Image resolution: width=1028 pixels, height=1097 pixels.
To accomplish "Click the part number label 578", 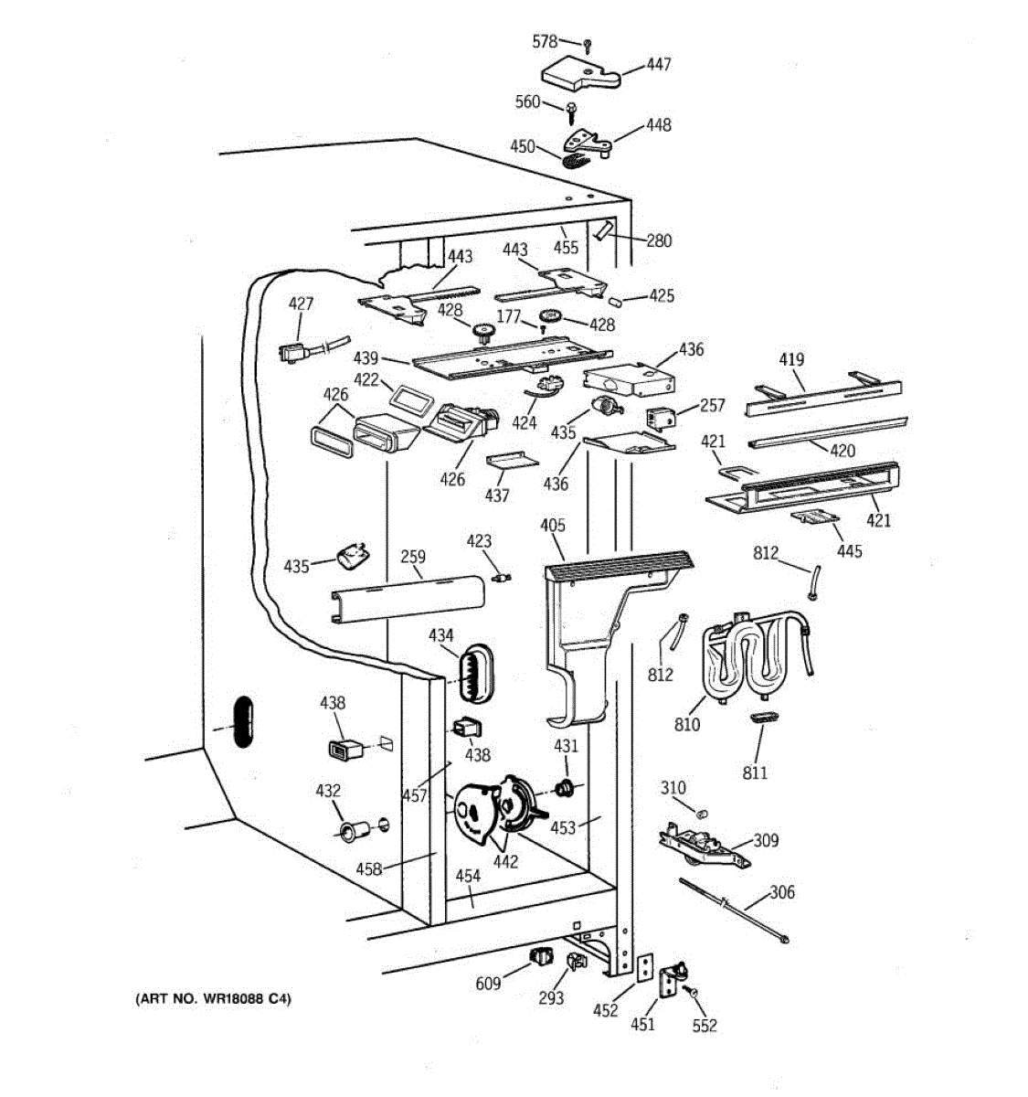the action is point(545,41).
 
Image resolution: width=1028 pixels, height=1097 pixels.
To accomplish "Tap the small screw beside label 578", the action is point(588,46).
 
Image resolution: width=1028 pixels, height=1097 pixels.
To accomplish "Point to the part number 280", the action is point(659,240).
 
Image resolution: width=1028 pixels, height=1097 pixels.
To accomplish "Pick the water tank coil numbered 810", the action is point(757,658).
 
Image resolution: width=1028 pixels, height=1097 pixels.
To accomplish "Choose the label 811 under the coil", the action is point(755,772).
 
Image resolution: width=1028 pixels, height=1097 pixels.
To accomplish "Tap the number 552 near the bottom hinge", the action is point(705,1025).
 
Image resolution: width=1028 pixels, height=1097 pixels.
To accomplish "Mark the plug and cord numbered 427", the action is point(313,349).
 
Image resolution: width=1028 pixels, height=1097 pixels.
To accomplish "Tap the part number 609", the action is point(488,984).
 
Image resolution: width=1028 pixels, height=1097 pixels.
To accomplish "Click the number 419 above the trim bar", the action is point(791,359).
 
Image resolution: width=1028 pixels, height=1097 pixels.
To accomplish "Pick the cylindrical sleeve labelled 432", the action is point(355,830).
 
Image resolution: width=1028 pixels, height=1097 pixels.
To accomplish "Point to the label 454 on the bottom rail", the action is point(468,876).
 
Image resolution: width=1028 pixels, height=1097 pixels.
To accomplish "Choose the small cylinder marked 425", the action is point(615,302).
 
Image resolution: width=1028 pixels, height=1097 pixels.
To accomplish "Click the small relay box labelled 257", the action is point(660,418).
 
